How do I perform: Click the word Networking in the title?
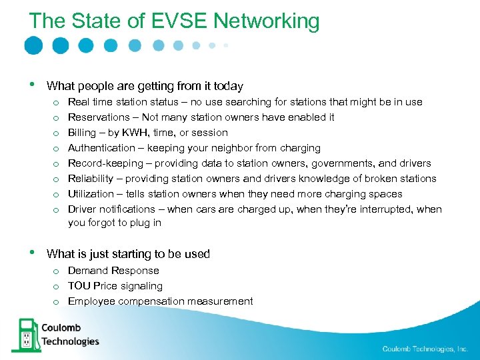pyautogui.click(x=267, y=21)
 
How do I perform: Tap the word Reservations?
pyautogui.click(x=99, y=117)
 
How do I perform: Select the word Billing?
pyautogui.click(x=82, y=133)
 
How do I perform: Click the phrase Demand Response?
pyautogui.click(x=113, y=271)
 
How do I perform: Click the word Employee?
pyautogui.click(x=91, y=301)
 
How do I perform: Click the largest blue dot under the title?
pyautogui.click(x=33, y=45)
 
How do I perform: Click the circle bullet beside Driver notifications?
pyautogui.click(x=58, y=209)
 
